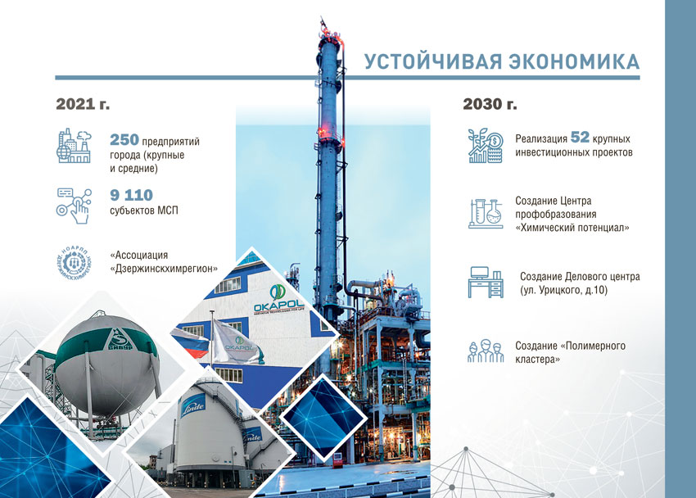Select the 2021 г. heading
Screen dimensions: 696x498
83,104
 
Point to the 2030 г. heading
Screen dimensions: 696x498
490,104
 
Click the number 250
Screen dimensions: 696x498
124,140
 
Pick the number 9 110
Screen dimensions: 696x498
131,195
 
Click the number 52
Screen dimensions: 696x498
580,137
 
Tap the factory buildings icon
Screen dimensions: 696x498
74,146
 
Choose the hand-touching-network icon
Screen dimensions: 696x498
75,206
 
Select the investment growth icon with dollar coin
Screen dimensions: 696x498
486,146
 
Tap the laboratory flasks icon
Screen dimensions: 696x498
486,214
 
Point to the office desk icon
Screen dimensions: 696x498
486,282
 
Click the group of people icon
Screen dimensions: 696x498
486,351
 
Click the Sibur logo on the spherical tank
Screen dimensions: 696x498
120,340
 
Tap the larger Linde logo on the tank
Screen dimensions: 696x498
193,405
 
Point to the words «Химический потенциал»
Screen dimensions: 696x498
572,228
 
